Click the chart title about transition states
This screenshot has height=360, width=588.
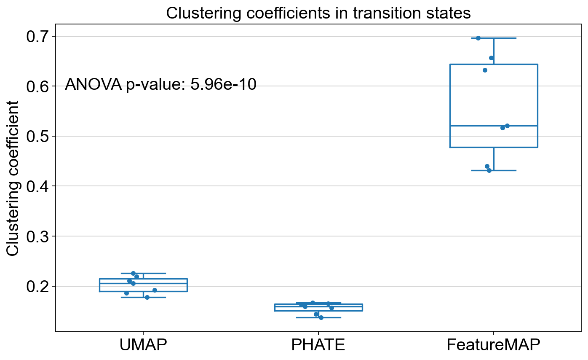pos(318,13)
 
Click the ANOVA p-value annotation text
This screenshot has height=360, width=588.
pos(160,85)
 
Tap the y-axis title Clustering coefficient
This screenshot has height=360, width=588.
pos(12,178)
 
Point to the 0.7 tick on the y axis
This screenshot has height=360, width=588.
pos(37,36)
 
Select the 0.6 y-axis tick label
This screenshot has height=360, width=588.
pos(37,86)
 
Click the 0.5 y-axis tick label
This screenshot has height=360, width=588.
pos(37,136)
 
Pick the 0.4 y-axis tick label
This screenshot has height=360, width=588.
pos(37,186)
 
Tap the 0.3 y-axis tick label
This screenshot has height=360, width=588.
pos(37,236)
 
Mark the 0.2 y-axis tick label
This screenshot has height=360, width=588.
pos(37,286)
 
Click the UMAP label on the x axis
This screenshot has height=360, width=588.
pos(143,345)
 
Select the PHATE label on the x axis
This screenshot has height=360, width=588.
pos(318,345)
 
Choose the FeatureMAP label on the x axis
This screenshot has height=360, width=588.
pos(494,345)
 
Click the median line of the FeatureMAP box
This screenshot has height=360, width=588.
pos(494,126)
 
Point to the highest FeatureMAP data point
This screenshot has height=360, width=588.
pos(478,38)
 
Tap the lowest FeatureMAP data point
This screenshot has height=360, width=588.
pos(489,171)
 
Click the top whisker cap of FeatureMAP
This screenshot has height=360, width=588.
pos(494,38)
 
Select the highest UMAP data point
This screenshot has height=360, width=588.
pos(133,274)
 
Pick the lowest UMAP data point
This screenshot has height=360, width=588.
pos(147,298)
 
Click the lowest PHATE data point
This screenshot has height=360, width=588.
pos(321,318)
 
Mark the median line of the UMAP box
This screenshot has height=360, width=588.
pos(143,283)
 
